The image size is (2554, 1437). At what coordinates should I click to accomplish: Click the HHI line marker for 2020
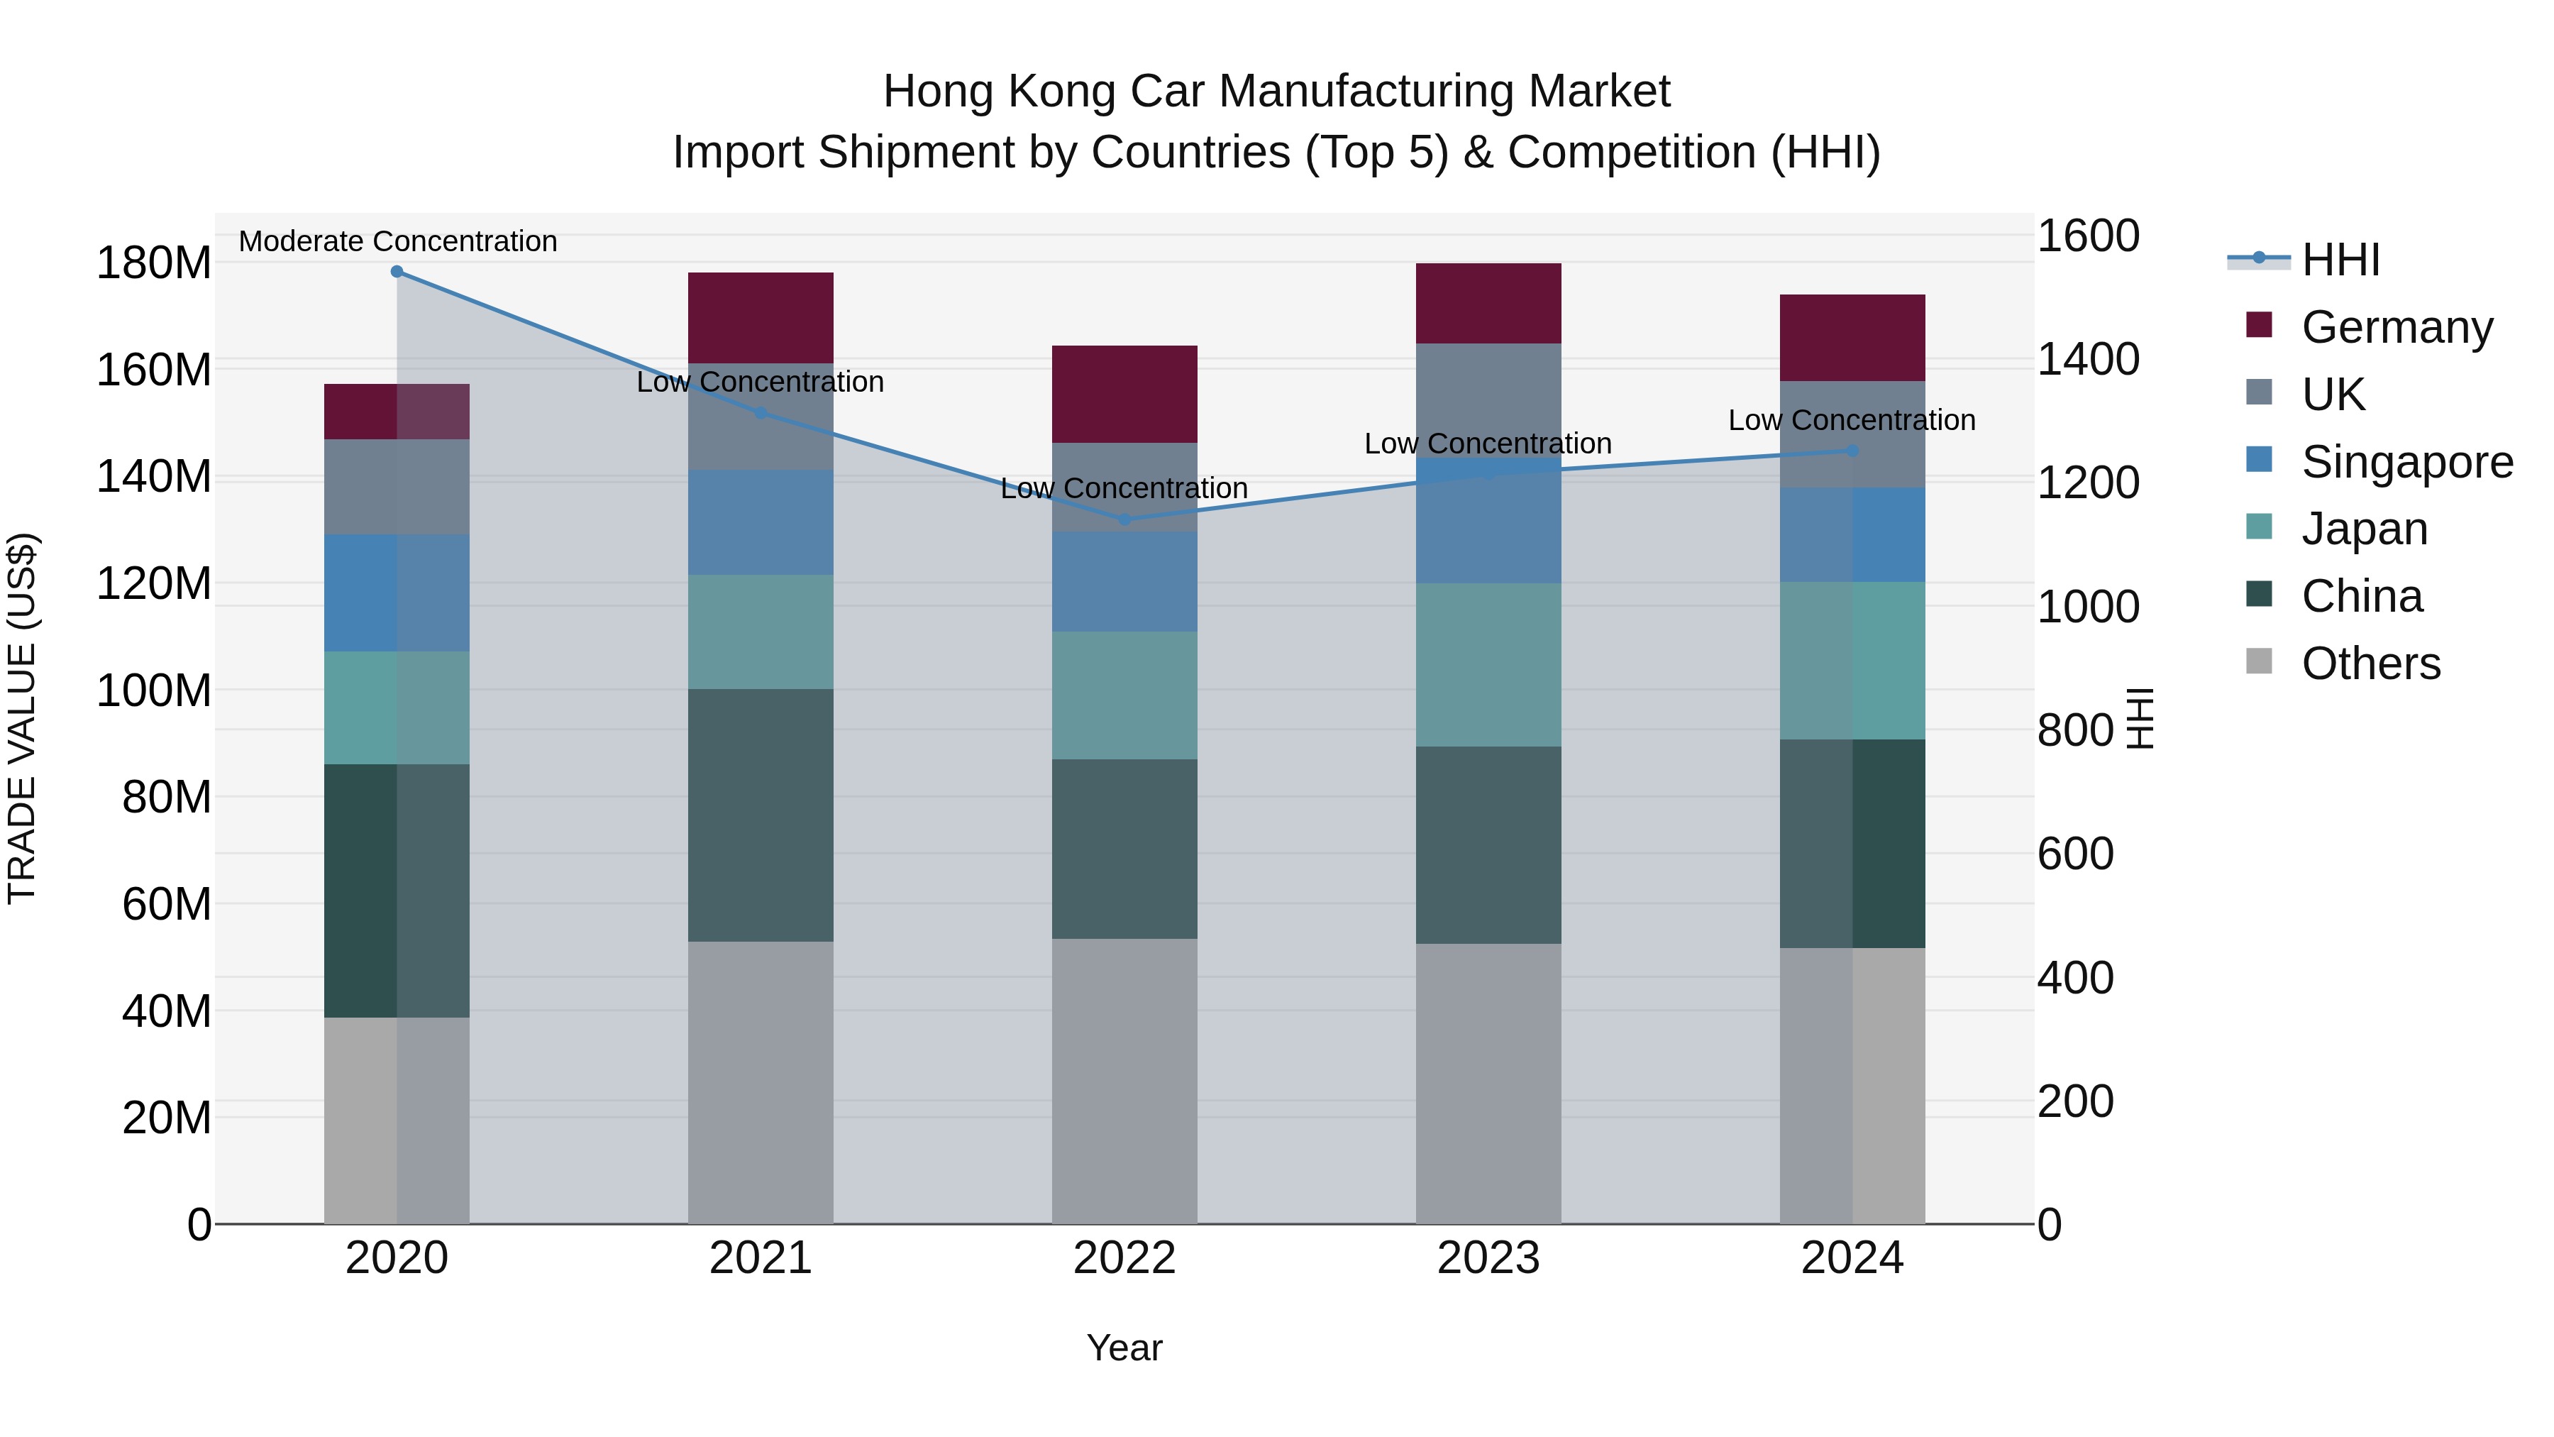[397, 272]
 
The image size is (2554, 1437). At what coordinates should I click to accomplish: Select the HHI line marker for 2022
[1124, 519]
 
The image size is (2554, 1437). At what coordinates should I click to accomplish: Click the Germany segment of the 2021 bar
[761, 317]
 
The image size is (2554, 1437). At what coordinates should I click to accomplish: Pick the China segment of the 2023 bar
[1488, 845]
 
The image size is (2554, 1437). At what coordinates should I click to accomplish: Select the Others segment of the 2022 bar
[1124, 1081]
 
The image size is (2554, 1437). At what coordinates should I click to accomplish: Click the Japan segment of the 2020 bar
[397, 708]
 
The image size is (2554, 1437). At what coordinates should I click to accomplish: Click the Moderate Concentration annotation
[397, 242]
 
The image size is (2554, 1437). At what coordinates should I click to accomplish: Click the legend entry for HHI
[2340, 260]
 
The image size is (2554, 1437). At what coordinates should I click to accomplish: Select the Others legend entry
[2370, 664]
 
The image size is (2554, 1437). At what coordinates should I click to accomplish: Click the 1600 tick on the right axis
[2088, 237]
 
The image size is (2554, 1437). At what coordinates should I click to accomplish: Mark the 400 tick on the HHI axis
[2074, 978]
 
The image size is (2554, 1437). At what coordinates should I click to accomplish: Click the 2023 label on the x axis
[1488, 1258]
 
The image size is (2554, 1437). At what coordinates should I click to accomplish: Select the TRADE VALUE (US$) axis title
[22, 718]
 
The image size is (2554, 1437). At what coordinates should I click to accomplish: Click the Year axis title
[1124, 1348]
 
